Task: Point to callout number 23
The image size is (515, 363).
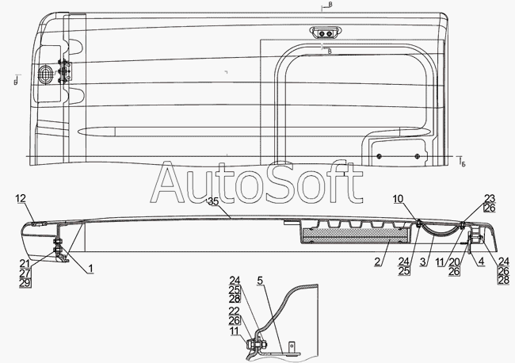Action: coord(490,198)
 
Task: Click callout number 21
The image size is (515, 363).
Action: coord(25,263)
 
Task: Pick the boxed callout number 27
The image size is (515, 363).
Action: coord(25,273)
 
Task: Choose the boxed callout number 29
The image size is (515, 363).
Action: coord(25,283)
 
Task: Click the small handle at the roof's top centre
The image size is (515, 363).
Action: coord(324,33)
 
